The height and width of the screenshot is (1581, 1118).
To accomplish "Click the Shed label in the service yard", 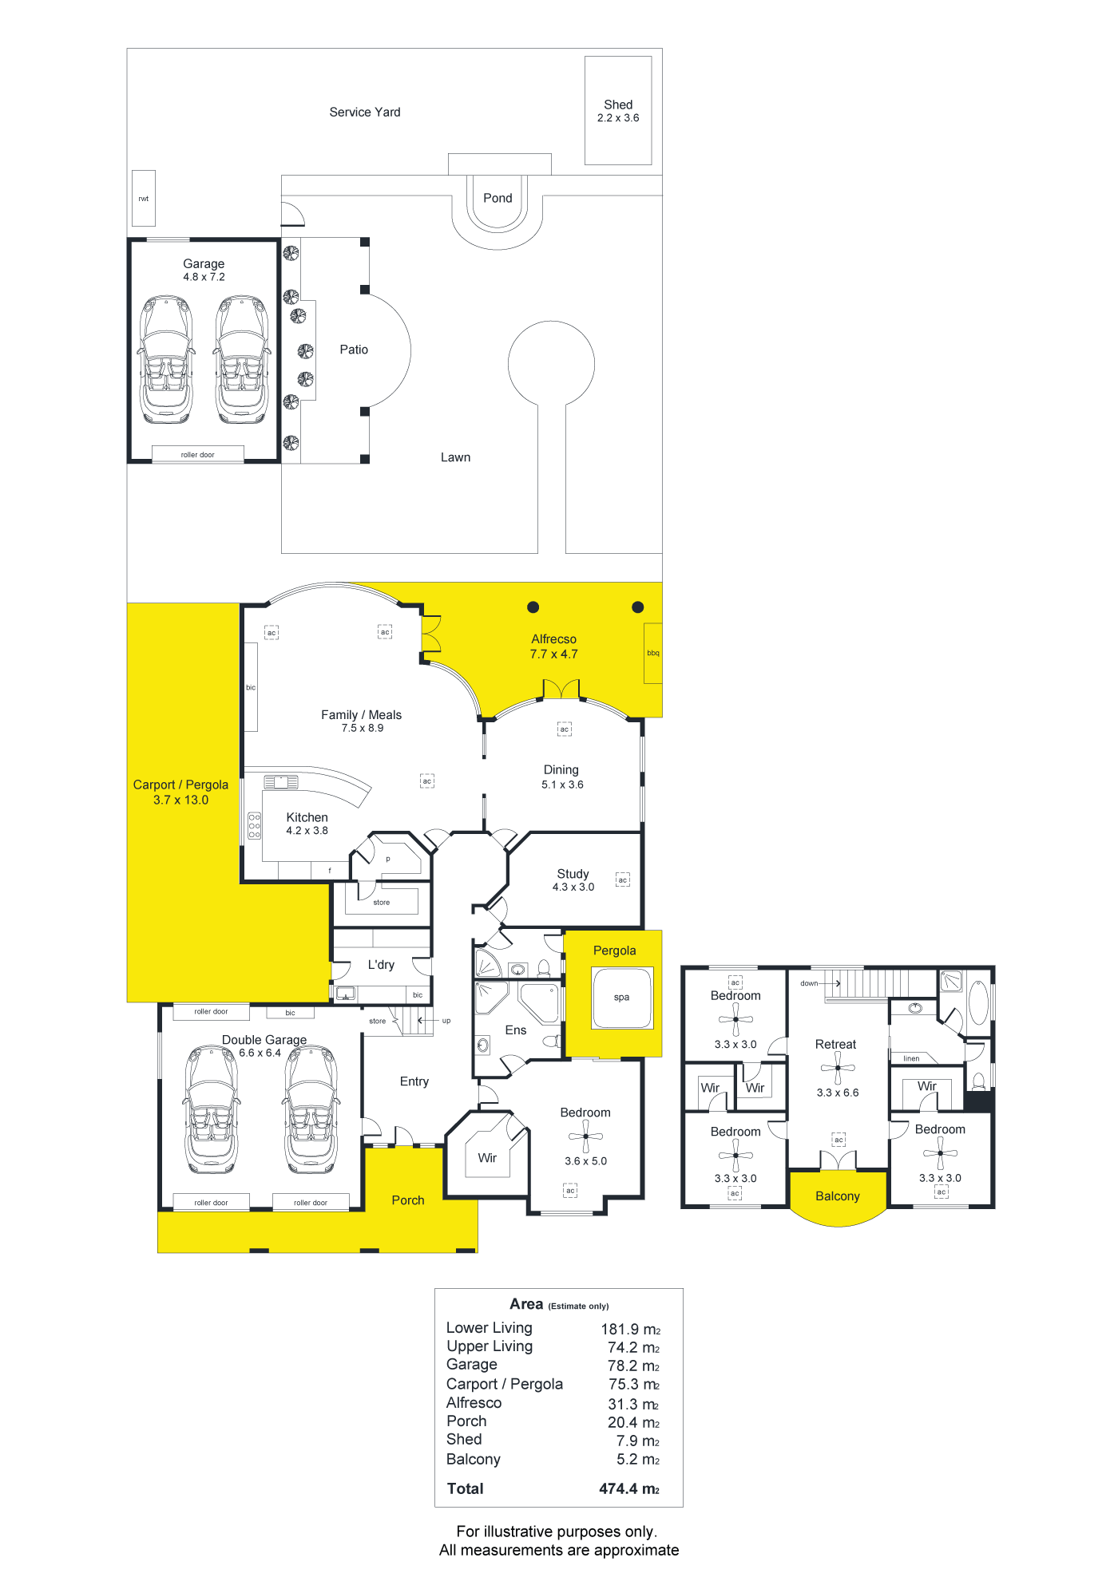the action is click(x=618, y=105).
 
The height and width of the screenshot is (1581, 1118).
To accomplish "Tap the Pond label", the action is click(x=498, y=198).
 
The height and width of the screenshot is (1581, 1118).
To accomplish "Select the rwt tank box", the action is click(x=144, y=198).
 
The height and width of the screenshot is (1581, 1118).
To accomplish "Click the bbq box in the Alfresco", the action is click(x=653, y=653).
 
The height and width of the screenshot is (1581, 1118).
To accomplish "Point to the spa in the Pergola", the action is click(x=622, y=998).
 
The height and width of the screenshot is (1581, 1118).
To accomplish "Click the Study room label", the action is click(x=573, y=874).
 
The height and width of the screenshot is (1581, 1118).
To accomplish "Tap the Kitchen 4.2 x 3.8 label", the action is click(x=307, y=824).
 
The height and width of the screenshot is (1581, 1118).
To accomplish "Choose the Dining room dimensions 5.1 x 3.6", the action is click(x=562, y=785).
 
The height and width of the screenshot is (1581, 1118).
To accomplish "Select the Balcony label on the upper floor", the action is click(x=838, y=1196).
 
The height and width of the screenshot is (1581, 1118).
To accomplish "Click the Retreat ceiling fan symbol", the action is click(x=838, y=1068).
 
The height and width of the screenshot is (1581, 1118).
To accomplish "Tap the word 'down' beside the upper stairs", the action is click(x=809, y=983).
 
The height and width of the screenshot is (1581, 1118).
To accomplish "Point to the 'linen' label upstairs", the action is click(x=911, y=1058).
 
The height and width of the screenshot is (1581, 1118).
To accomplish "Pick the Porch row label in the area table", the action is click(x=466, y=1421).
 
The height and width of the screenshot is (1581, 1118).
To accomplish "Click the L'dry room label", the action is click(x=381, y=964).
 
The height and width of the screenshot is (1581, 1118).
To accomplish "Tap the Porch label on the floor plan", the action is click(x=408, y=1200).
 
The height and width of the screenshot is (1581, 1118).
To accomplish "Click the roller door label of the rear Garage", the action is click(x=197, y=455).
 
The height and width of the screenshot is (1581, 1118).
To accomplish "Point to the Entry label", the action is click(x=414, y=1081).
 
